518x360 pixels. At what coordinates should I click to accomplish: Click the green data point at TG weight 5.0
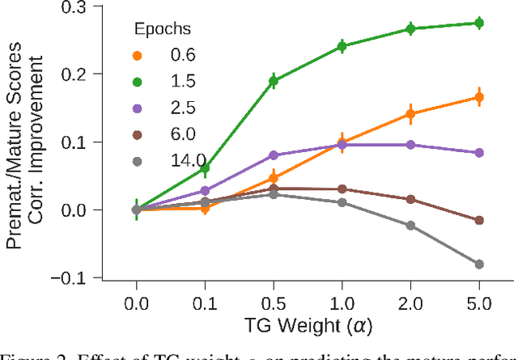click(x=479, y=23)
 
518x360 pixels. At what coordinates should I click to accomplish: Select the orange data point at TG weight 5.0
click(x=479, y=97)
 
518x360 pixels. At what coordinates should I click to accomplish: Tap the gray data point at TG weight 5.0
click(x=479, y=264)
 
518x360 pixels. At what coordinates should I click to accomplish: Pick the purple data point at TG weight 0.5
click(x=274, y=155)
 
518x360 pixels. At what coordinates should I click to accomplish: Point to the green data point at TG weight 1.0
click(x=342, y=47)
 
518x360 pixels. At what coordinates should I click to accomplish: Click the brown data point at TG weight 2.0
click(x=410, y=199)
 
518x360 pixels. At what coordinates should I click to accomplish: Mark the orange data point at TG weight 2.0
click(x=410, y=114)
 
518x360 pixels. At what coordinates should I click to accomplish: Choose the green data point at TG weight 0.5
click(x=274, y=81)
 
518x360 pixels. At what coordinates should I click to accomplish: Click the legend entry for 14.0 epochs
click(x=165, y=160)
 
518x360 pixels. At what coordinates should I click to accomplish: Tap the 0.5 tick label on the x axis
click(x=274, y=305)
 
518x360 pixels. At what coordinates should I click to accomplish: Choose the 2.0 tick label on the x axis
click(x=410, y=305)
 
